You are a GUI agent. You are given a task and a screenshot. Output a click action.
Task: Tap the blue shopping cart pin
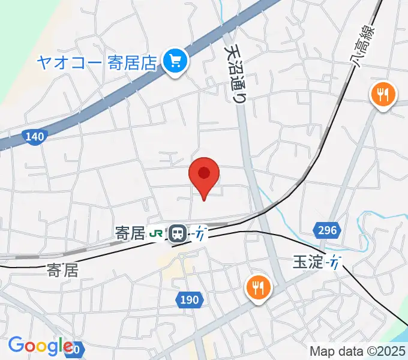(x=175, y=60)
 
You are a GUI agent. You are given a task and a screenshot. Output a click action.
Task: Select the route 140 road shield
(x=35, y=137)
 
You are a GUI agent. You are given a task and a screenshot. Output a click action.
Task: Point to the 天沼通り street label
(x=236, y=72)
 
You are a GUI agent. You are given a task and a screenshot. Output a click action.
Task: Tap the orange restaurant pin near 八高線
(x=382, y=94)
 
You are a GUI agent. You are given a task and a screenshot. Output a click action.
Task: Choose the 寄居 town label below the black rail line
(x=62, y=271)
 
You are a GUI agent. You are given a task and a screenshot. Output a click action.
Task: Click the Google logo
(x=40, y=346)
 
